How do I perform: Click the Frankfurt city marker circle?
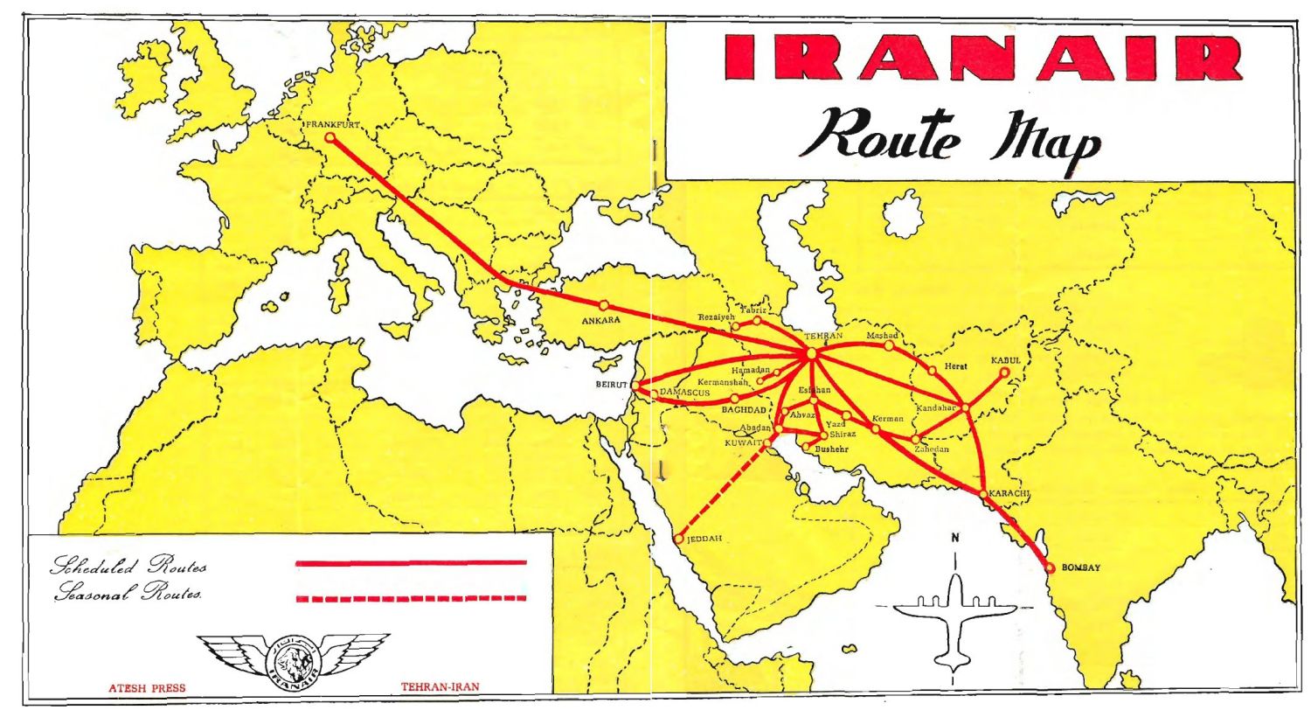click(330, 137)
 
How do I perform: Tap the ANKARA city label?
click(600, 321)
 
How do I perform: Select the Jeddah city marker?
click(678, 539)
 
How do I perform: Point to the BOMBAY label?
click(1081, 568)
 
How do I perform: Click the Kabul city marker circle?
click(1004, 372)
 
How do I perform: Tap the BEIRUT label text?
click(612, 385)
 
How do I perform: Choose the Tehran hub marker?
click(812, 353)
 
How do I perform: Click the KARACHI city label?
click(1010, 494)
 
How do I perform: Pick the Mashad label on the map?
click(883, 336)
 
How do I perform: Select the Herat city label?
click(955, 366)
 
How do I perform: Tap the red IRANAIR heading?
click(982, 58)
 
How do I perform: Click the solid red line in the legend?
click(412, 563)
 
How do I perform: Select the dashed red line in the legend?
click(412, 599)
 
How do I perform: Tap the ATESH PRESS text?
click(147, 688)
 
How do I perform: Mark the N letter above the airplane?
click(955, 538)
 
